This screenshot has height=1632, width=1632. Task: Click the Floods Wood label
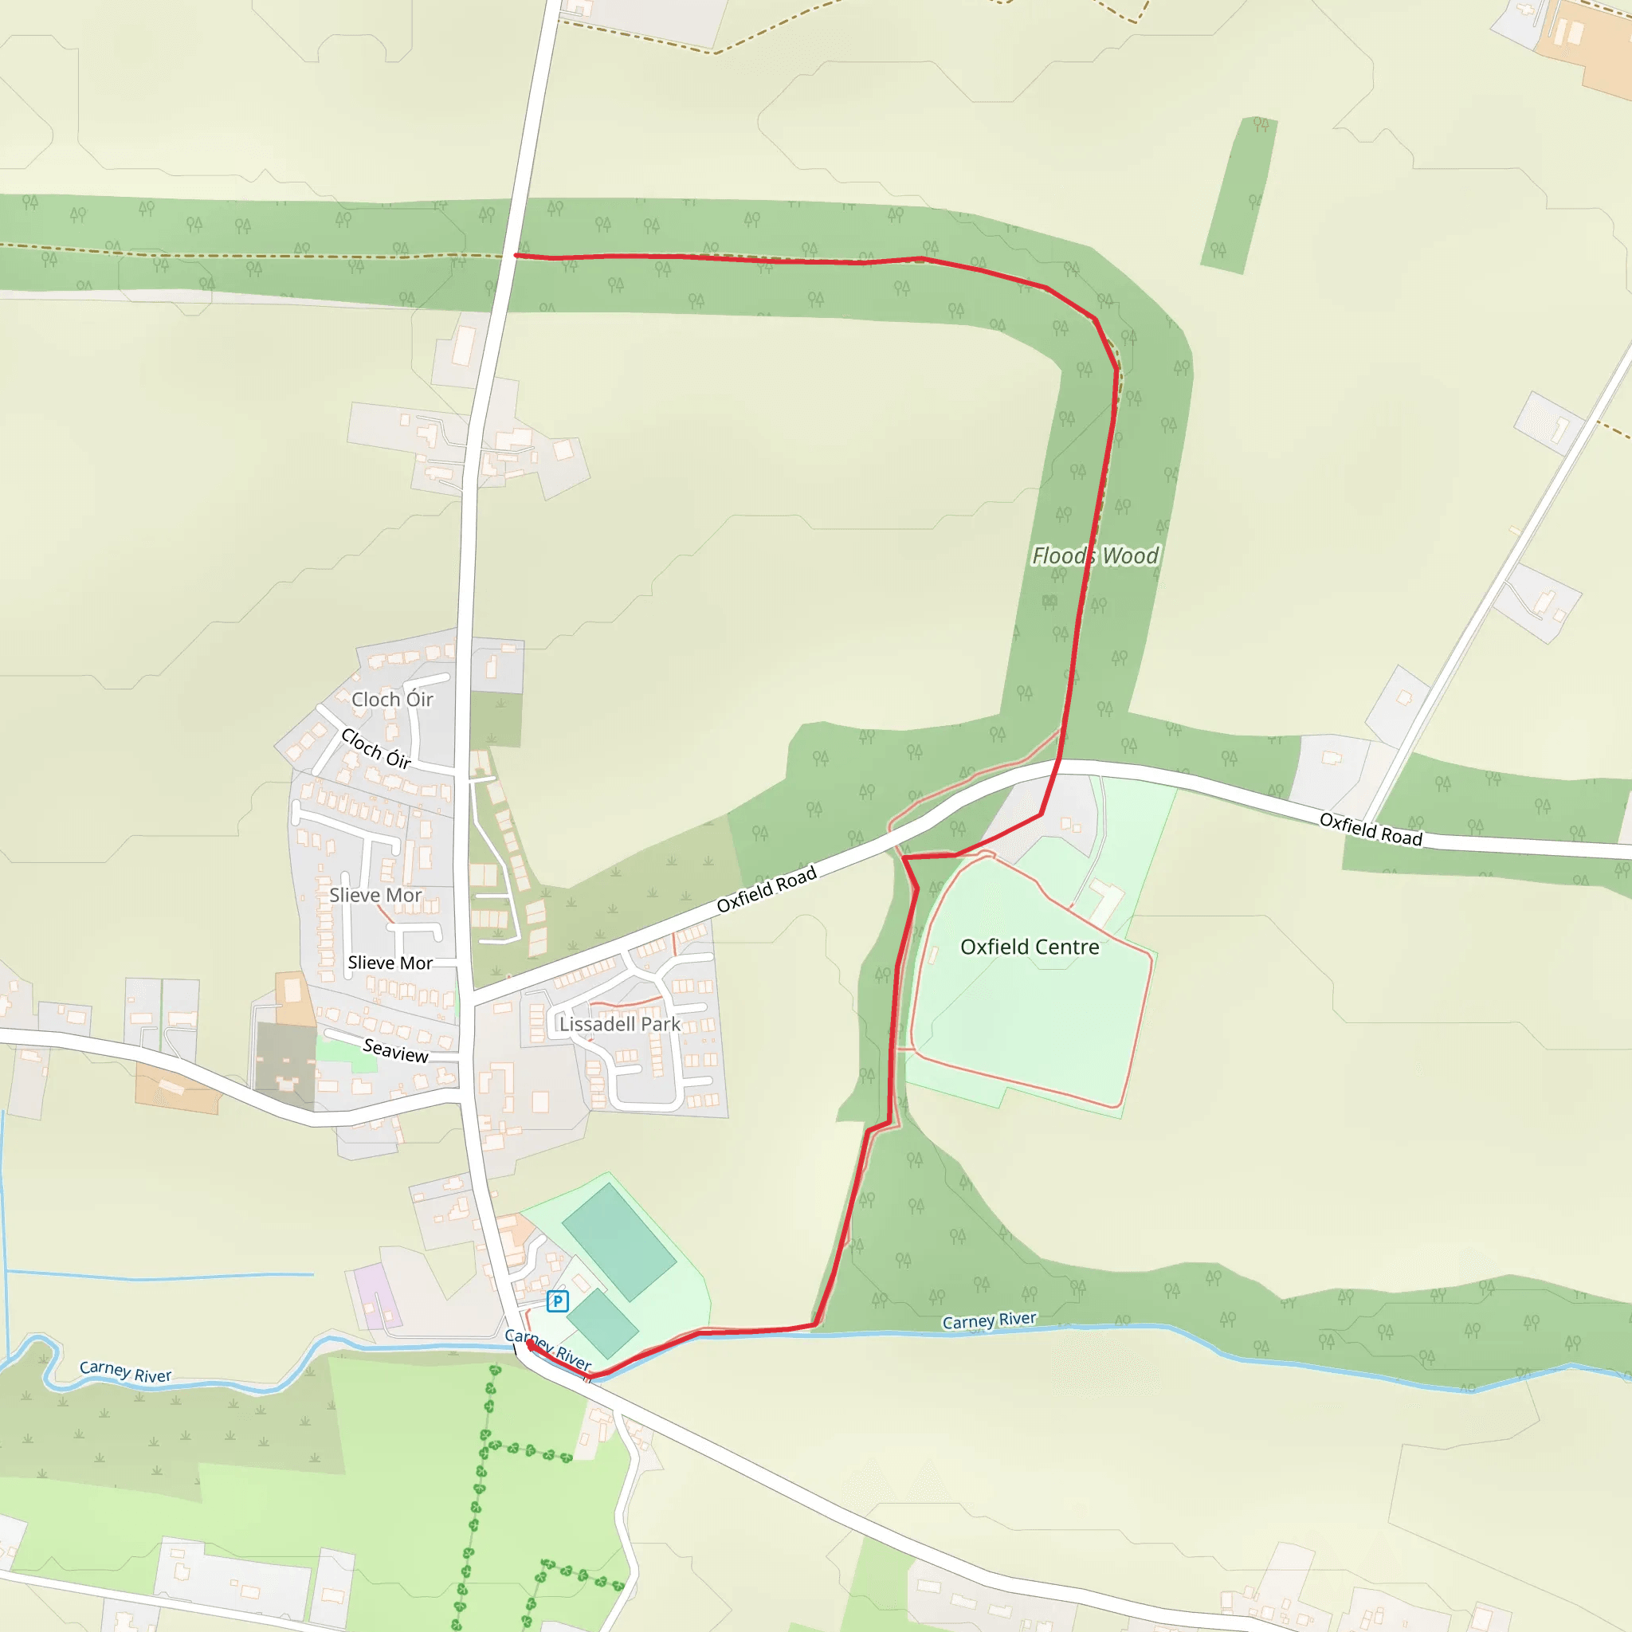1095,556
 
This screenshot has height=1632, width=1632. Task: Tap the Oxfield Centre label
1030,947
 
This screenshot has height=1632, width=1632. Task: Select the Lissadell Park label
619,1024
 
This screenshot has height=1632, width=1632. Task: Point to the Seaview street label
395,1051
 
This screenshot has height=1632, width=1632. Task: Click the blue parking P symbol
557,1300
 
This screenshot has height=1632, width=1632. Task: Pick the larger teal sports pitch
618,1241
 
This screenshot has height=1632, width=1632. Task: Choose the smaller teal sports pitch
602,1324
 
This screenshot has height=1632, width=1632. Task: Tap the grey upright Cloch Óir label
392,700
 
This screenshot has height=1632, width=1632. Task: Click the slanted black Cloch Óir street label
376,749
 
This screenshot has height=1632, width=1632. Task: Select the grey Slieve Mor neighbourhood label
375,896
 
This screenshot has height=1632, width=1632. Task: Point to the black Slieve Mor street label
390,963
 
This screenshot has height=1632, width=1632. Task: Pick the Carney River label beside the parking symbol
547,1348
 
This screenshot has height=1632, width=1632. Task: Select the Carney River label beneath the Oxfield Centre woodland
988,1320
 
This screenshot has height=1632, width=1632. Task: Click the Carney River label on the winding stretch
125,1372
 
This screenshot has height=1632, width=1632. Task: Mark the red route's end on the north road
516,255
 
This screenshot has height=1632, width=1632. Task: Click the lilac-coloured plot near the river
377,1297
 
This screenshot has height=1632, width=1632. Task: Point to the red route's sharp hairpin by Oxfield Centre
904,857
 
